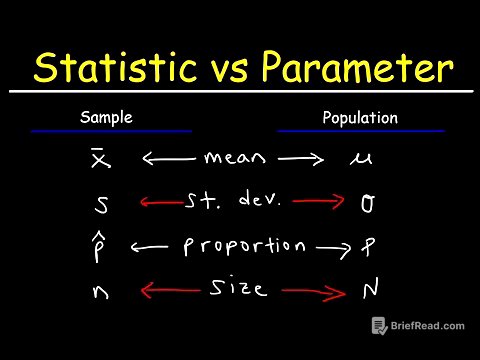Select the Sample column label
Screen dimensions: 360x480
tap(106, 118)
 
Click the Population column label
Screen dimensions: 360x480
tap(360, 118)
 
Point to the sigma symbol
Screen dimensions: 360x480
tap(367, 204)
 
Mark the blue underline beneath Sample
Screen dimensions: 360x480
tap(110, 131)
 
